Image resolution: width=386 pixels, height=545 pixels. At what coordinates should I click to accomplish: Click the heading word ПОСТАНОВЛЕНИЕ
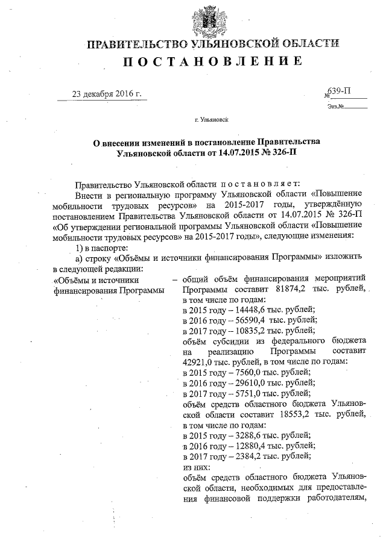coord(213,61)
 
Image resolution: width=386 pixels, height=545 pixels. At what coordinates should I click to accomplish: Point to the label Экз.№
coord(336,107)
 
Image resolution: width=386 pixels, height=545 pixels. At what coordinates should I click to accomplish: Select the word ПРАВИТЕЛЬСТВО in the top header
coord(138,43)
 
